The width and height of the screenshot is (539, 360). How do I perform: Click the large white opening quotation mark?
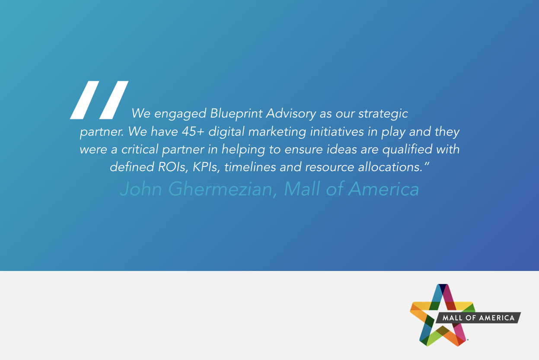[x=99, y=100]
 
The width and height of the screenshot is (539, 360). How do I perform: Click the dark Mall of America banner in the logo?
[x=478, y=318]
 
